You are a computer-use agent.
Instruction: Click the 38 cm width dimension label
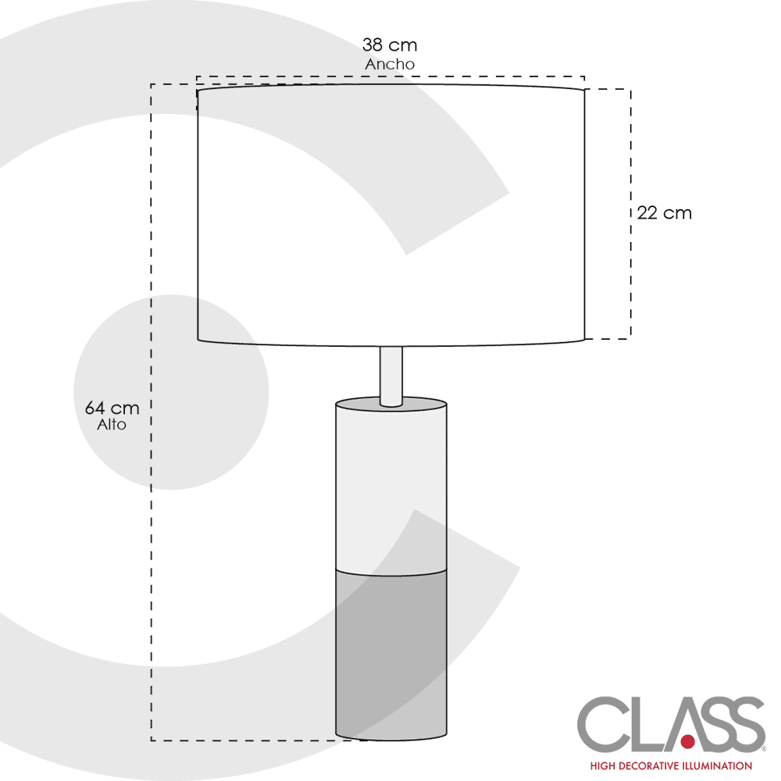390,45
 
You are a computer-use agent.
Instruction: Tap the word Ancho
390,64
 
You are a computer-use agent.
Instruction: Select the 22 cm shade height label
665,213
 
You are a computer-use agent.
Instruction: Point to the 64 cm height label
112,408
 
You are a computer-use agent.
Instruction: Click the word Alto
112,425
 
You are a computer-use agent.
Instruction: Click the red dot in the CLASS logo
688,742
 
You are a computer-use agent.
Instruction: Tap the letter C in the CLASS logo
604,724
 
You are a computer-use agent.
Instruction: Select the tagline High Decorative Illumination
671,765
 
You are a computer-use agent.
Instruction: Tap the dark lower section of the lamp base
391,655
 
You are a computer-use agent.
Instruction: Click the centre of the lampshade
391,215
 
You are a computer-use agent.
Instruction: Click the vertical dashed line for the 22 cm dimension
630,214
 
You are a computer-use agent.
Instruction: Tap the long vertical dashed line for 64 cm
152,412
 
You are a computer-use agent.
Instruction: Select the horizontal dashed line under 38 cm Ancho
390,77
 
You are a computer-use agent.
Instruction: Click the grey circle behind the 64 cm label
171,392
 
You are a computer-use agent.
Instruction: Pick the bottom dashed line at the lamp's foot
259,740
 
